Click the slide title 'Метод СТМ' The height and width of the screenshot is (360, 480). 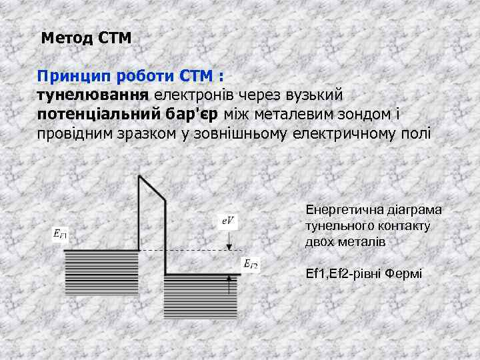86,38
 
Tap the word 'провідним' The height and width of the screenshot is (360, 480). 77,133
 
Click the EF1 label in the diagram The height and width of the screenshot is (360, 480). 61,234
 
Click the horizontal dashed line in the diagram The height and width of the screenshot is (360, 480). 193,250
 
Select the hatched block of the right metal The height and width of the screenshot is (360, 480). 200,297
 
